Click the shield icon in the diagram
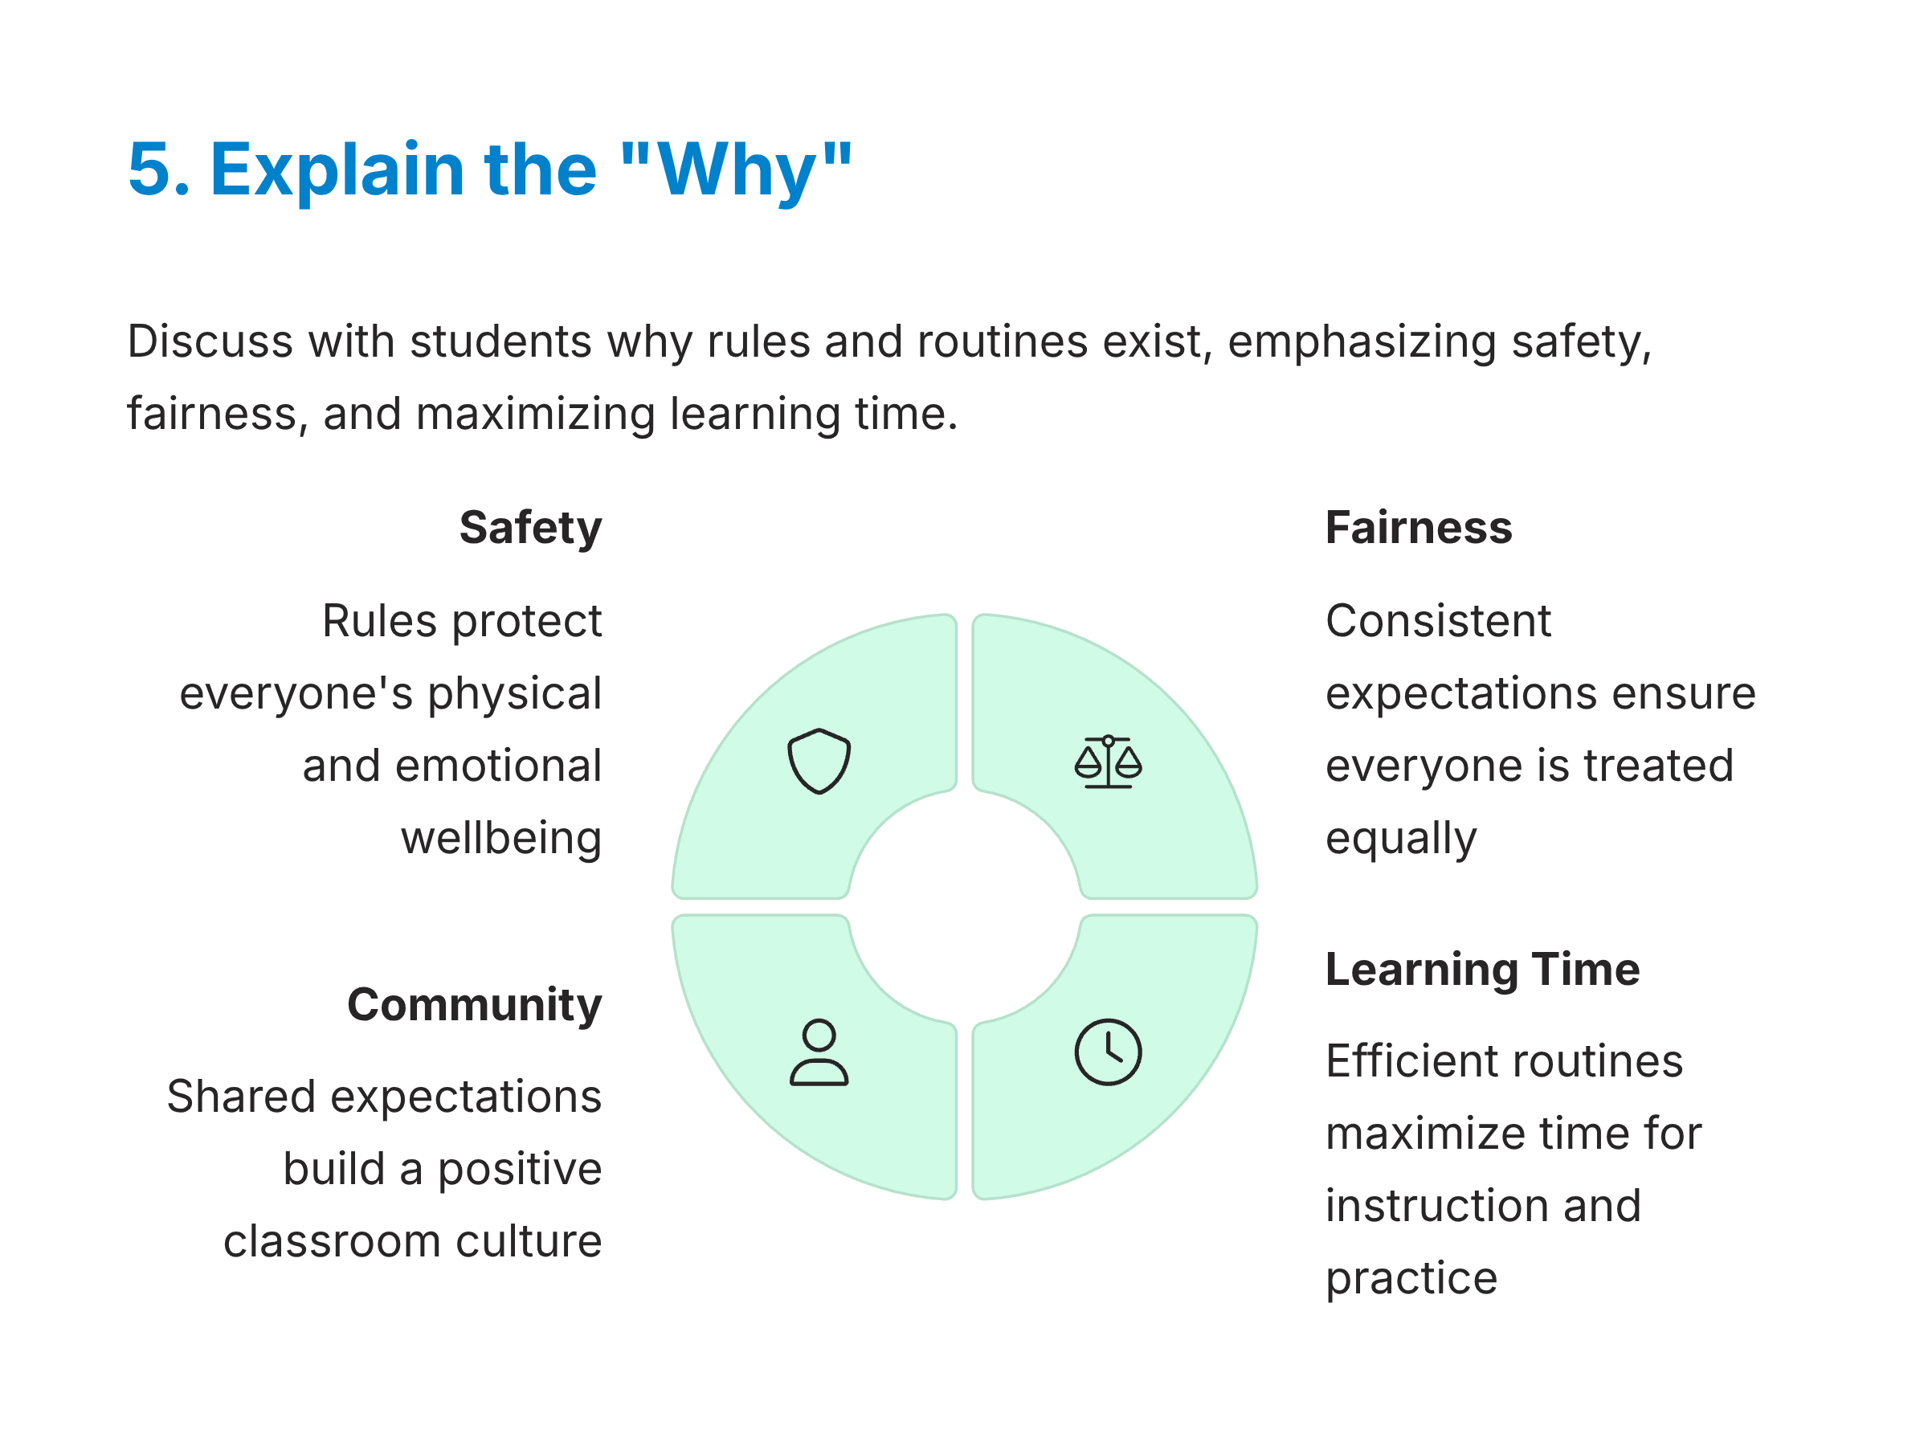click(819, 761)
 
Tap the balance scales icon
click(1107, 762)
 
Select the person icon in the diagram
click(819, 1052)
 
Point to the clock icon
click(1107, 1052)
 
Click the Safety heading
click(530, 529)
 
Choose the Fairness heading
click(1418, 528)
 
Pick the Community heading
click(475, 1005)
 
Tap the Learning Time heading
click(1482, 970)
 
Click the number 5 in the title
click(157, 169)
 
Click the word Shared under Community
click(241, 1097)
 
